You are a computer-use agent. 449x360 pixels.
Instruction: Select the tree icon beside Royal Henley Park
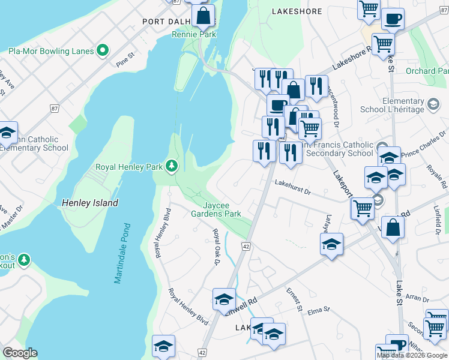click(172, 166)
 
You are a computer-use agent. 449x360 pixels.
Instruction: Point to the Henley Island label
click(90, 203)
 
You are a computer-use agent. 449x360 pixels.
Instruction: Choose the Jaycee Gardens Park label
click(216, 209)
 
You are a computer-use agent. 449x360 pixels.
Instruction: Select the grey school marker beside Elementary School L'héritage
click(432, 105)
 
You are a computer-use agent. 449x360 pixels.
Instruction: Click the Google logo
click(20, 353)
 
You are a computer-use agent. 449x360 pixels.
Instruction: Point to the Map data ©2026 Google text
click(411, 355)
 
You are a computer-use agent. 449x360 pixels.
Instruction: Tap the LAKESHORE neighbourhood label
click(297, 11)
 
